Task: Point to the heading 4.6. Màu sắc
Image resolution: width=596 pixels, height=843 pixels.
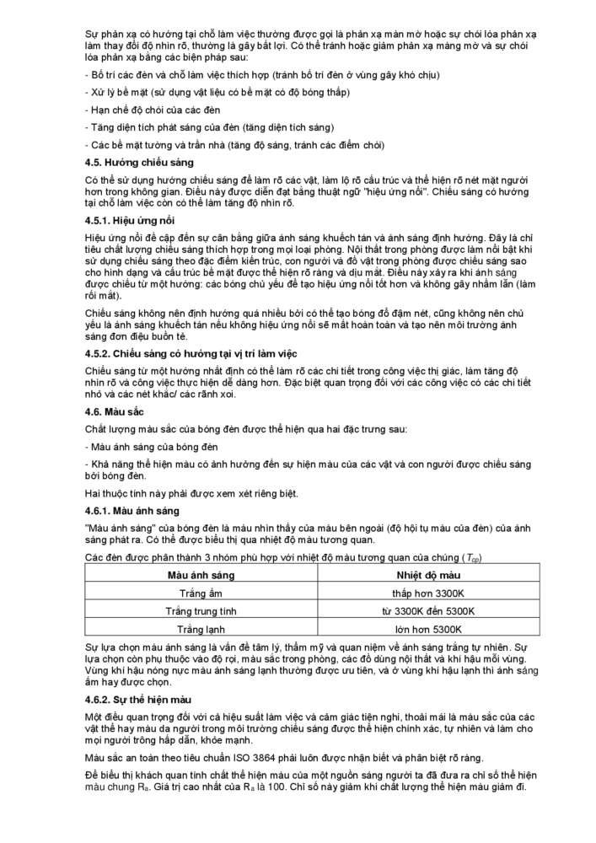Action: [x=115, y=411]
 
